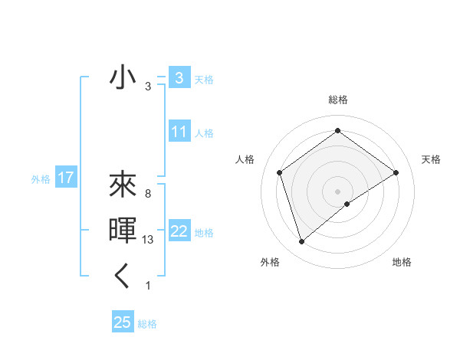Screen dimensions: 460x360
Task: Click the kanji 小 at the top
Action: pos(123,79)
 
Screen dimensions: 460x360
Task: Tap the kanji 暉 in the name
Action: pos(123,231)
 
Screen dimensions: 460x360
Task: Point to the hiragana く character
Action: pos(123,276)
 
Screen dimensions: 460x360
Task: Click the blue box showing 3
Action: pos(179,78)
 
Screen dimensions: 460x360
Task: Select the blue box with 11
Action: pos(179,132)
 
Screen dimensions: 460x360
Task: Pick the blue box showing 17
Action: pos(66,178)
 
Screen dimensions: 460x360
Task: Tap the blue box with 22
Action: pos(179,231)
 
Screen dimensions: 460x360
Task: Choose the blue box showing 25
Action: pos(123,322)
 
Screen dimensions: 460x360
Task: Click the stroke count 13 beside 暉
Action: pos(149,240)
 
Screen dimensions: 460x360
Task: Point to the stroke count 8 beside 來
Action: pos(147,194)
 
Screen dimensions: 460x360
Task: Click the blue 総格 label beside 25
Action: pos(147,324)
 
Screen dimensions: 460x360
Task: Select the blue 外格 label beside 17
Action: pos(41,179)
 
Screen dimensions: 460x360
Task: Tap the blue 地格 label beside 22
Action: pos(205,233)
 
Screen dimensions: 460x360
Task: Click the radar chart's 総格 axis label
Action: pos(337,100)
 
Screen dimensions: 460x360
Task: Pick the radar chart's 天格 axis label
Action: pos(431,159)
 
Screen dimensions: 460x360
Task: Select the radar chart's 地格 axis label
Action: pos(402,262)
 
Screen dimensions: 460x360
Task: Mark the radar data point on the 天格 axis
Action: pos(396,172)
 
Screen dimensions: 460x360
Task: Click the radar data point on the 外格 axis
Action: pos(302,242)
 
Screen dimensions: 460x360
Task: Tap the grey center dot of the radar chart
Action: pos(337,191)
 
